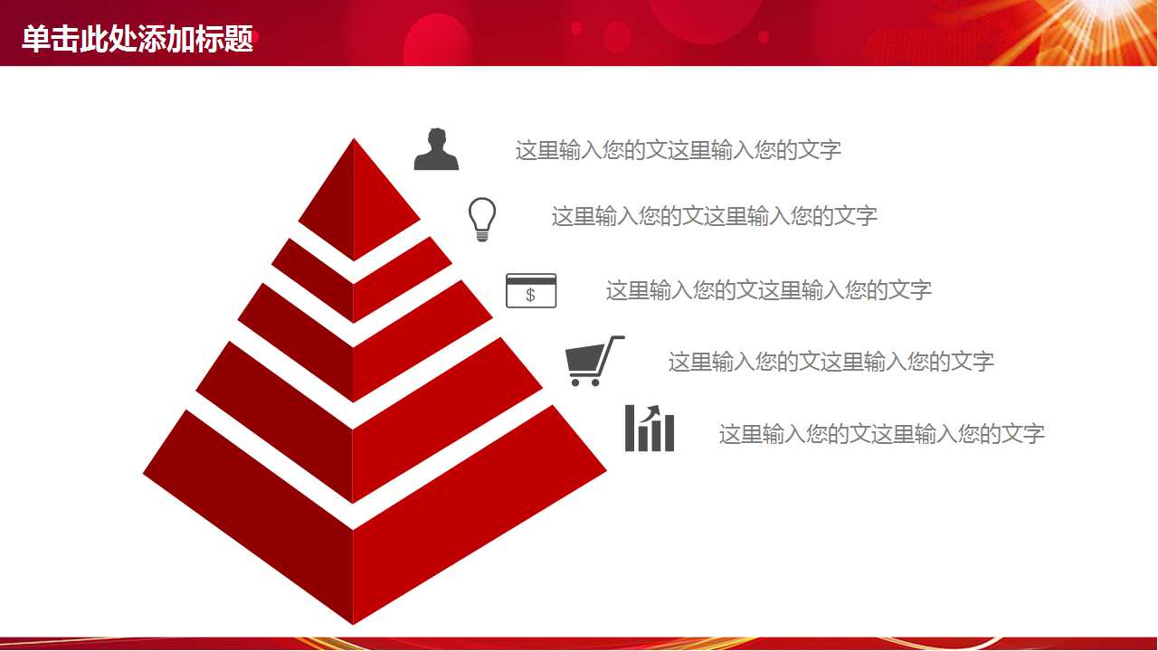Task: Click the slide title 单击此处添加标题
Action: pyautogui.click(x=138, y=40)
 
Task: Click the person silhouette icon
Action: pyautogui.click(x=436, y=150)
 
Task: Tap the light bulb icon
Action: pyautogui.click(x=482, y=219)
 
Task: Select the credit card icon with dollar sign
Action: pyautogui.click(x=531, y=290)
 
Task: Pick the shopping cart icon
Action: pyautogui.click(x=593, y=361)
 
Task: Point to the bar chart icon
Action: pyautogui.click(x=650, y=429)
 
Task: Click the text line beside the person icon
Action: pyautogui.click(x=678, y=150)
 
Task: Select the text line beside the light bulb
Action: pyautogui.click(x=714, y=216)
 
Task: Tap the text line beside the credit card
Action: pyautogui.click(x=768, y=290)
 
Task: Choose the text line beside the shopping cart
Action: pyautogui.click(x=831, y=362)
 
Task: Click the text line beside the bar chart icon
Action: pyautogui.click(x=881, y=434)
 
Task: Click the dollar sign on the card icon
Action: pyautogui.click(x=530, y=295)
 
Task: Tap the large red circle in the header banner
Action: pyautogui.click(x=438, y=41)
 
